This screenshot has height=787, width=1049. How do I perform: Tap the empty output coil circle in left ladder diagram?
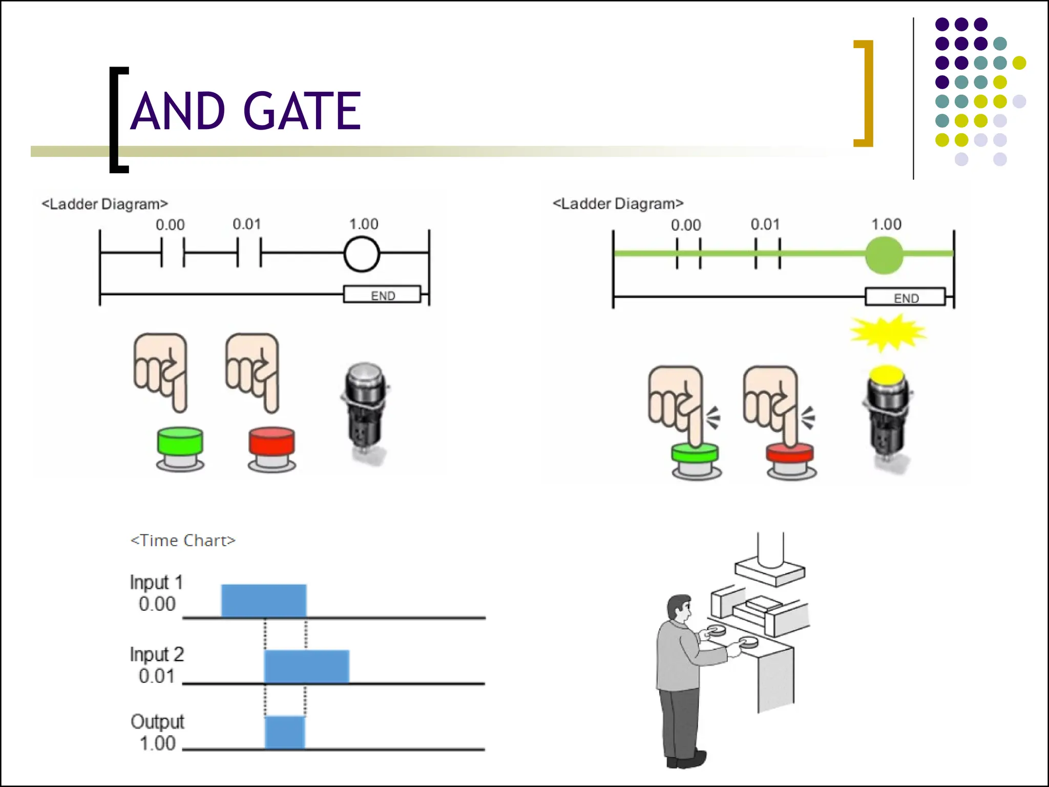click(x=362, y=254)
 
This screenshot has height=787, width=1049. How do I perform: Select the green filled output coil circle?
click(x=884, y=255)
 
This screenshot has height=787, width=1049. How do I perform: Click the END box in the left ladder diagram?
click(x=382, y=295)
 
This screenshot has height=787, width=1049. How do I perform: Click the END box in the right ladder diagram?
click(x=905, y=298)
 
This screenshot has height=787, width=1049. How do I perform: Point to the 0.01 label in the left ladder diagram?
click(x=247, y=224)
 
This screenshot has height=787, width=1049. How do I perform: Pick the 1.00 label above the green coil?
click(x=886, y=224)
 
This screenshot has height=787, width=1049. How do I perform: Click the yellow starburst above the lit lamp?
click(x=888, y=333)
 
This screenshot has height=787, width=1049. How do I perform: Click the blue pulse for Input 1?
click(x=264, y=600)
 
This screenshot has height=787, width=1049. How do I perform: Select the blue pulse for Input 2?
click(x=307, y=666)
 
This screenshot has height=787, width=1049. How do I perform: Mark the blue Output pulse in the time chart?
click(x=285, y=733)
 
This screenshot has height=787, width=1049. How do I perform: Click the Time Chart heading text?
click(x=183, y=541)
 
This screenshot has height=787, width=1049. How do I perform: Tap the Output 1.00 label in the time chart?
click(x=157, y=733)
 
